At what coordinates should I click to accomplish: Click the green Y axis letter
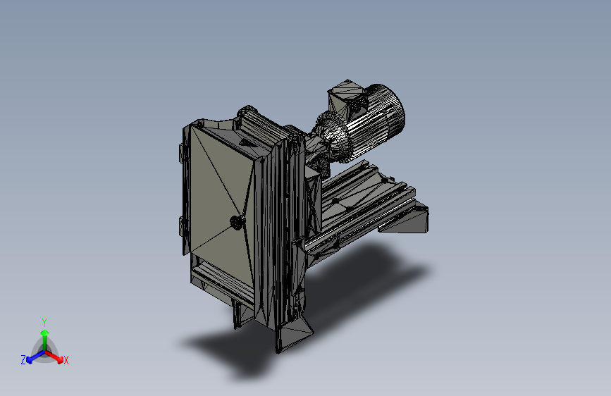tap(44, 322)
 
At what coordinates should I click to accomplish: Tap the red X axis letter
tap(66, 360)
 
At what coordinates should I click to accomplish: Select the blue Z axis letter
tap(23, 360)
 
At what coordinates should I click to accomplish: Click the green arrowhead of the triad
tap(45, 333)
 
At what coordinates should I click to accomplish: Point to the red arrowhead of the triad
tap(60, 359)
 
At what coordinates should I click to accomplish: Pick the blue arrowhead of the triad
tap(30, 360)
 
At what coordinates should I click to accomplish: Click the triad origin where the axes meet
tap(45, 352)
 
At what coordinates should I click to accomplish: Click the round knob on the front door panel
tap(236, 223)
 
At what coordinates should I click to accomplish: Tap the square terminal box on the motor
tap(345, 97)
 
